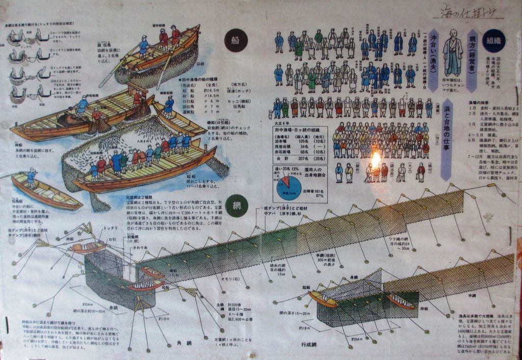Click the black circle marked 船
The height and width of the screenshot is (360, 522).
235,41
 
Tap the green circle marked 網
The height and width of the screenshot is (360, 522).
236,205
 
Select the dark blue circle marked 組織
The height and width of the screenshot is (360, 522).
494,40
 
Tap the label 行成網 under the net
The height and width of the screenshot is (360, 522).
309,345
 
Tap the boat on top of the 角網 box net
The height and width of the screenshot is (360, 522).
88,248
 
